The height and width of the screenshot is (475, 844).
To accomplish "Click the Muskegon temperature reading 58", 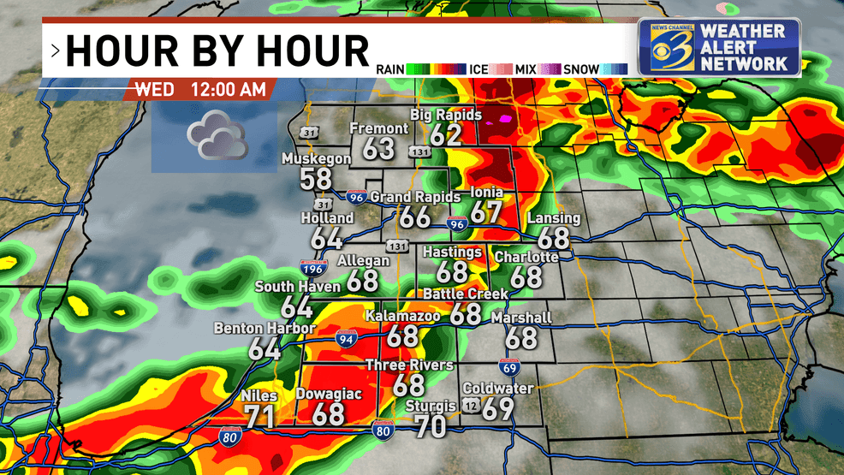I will tap(316, 179).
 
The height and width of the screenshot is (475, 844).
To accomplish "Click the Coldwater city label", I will tap(497, 389).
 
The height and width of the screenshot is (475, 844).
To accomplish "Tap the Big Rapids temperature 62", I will tap(446, 134).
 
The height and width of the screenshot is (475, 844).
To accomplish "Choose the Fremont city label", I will tap(379, 128).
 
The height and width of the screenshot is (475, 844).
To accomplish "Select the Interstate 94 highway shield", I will tap(347, 338).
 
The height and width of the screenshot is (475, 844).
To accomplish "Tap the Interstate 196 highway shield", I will tap(312, 269).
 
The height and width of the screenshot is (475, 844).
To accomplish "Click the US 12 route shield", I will tap(471, 404).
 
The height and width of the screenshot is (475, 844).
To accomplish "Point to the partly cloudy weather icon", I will tap(217, 139).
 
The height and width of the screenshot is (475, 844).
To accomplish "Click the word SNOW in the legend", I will tap(581, 68).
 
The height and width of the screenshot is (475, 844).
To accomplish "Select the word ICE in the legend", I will tap(479, 68).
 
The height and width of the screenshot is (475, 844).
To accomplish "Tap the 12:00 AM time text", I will tap(224, 89).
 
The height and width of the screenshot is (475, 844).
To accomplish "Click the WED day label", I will tap(154, 89).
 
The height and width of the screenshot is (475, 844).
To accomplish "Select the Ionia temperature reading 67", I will tap(486, 212).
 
